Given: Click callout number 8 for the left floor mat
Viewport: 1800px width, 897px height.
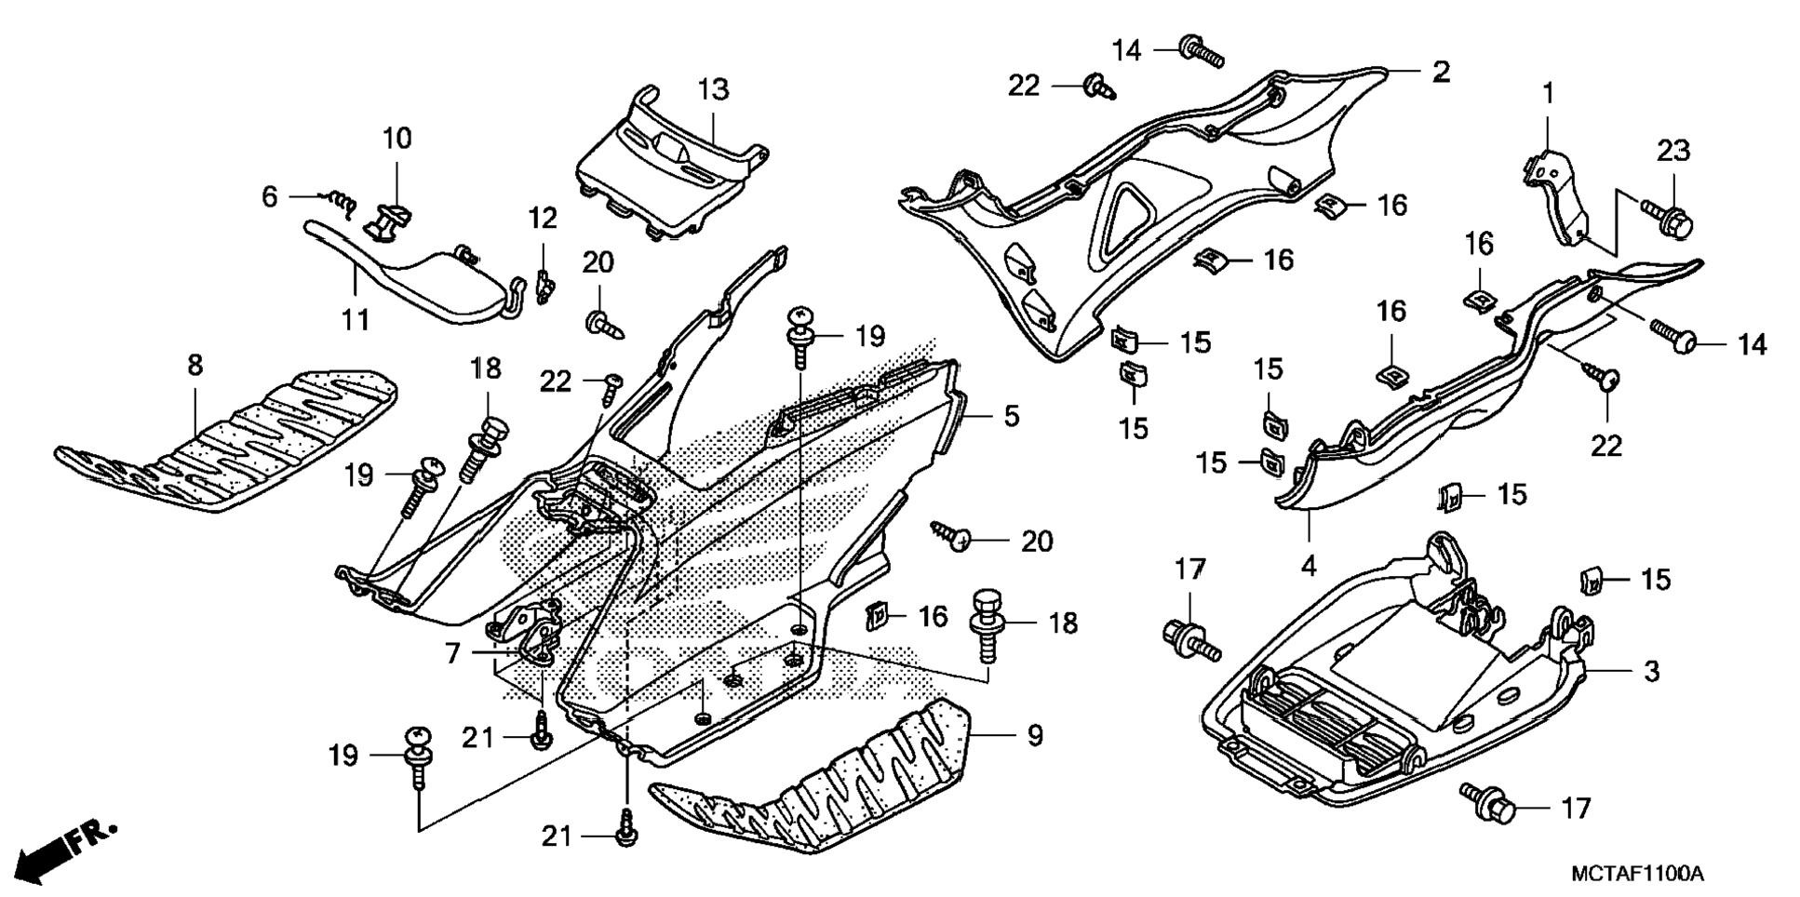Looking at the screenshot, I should (x=194, y=365).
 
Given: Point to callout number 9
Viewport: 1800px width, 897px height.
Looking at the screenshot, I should (x=1035, y=735).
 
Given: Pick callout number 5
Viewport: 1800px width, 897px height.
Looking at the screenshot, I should (x=1011, y=416).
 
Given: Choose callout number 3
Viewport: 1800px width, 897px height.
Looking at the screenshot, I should (x=1651, y=671).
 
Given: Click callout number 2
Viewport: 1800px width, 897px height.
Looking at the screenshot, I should (x=1440, y=72).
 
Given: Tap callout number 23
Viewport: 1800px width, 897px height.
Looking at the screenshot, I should (x=1672, y=150).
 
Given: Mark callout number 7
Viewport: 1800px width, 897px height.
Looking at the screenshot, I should (x=452, y=653).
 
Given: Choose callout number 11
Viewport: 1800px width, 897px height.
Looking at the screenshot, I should (x=355, y=319).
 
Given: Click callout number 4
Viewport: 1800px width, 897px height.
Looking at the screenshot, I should (x=1308, y=565).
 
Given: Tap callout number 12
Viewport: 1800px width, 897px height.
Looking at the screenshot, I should (x=543, y=218).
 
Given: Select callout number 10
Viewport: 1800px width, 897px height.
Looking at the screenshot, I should (x=396, y=139).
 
